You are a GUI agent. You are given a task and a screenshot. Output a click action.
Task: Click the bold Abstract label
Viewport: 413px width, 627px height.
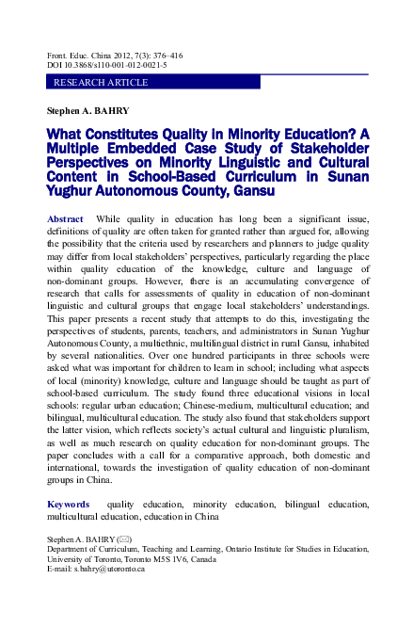tap(65, 218)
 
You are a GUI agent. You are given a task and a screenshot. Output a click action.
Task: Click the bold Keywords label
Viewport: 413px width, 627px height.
tap(69, 505)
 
